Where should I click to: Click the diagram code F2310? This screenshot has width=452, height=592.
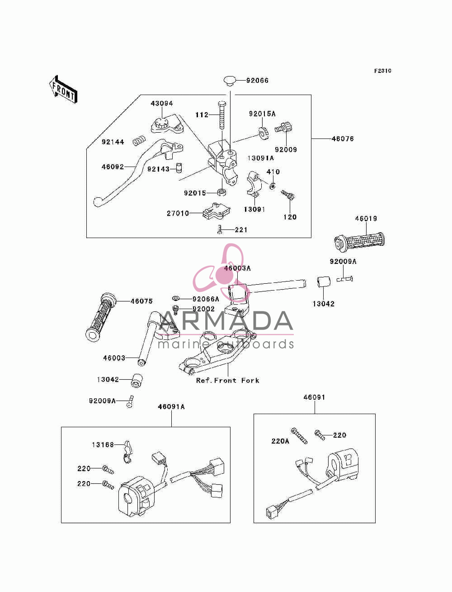382,71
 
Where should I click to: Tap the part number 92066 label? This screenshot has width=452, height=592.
257,81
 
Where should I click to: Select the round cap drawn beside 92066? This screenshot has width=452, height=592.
230,81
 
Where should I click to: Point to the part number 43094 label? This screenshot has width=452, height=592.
162,103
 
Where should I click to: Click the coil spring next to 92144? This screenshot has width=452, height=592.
139,141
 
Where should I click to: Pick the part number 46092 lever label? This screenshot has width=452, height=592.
113,167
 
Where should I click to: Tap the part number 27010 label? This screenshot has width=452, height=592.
178,213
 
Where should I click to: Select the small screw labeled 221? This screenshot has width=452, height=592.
220,229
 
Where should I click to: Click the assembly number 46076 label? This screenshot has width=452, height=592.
342,138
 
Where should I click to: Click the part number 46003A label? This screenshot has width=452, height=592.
237,268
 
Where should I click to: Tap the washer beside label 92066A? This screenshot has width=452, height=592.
176,298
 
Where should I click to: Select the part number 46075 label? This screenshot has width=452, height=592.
141,301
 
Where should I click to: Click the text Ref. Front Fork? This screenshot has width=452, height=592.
228,381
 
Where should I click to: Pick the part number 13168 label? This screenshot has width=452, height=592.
103,445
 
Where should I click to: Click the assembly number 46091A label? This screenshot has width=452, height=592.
171,407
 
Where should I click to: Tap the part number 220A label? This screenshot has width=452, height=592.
280,441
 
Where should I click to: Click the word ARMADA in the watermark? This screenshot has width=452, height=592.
226,321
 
